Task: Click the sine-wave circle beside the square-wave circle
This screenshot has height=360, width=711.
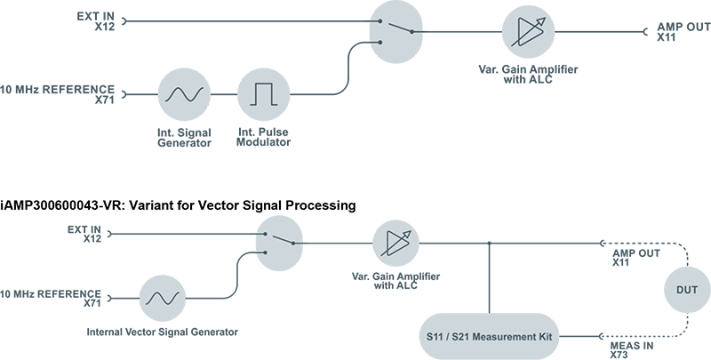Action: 184,93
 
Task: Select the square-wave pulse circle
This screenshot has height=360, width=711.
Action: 262,93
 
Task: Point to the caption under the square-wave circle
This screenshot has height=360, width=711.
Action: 263,139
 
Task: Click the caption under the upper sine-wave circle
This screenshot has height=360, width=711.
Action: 184,139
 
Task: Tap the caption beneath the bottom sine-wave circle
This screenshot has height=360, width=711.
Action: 178,330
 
